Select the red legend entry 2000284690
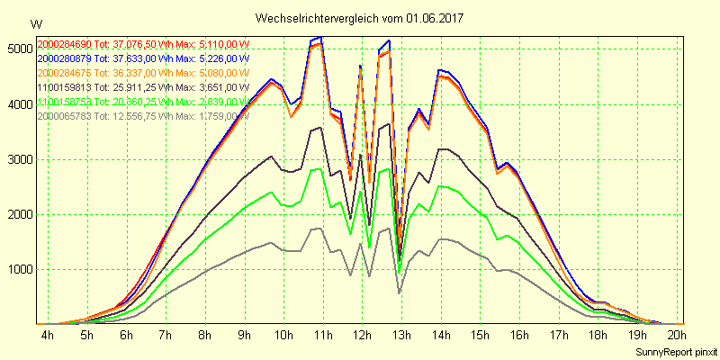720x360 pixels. pyautogui.click(x=142, y=44)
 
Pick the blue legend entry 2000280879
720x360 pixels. pyautogui.click(x=142, y=58)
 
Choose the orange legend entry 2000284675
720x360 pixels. pyautogui.click(x=142, y=73)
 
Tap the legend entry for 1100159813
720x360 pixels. pyautogui.click(x=142, y=87)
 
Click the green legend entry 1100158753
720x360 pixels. pyautogui.click(x=142, y=102)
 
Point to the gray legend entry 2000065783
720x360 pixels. pyautogui.click(x=142, y=116)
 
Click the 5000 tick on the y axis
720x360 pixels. pyautogui.click(x=16, y=49)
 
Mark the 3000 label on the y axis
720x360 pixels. pyautogui.click(x=16, y=159)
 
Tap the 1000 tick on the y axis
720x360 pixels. pyautogui.click(x=16, y=270)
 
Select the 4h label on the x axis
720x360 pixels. pyautogui.click(x=47, y=336)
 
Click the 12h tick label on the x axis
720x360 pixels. pyautogui.click(x=362, y=336)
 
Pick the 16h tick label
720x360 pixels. pyautogui.click(x=519, y=336)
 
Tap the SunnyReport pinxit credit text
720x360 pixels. pyautogui.click(x=675, y=351)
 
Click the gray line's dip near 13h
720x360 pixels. pyautogui.click(x=400, y=292)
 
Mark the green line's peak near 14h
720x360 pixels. pyautogui.click(x=440, y=185)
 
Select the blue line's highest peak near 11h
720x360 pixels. pyautogui.click(x=320, y=37)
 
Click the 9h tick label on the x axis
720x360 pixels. pyautogui.click(x=244, y=336)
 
